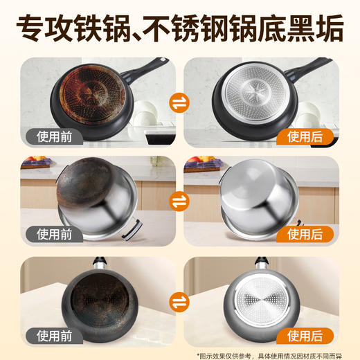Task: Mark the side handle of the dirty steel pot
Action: point(132,226)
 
